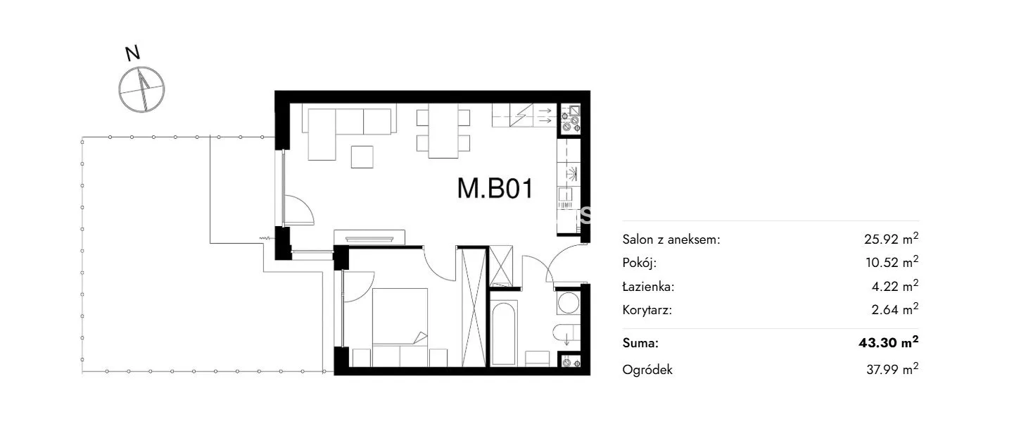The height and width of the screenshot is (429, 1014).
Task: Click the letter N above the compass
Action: pyautogui.click(x=132, y=54)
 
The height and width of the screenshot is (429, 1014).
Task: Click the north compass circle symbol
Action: pyautogui.click(x=141, y=89)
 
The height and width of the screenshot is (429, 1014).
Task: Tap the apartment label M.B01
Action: pyautogui.click(x=495, y=189)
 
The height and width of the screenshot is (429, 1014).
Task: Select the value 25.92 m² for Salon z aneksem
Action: pyautogui.click(x=891, y=239)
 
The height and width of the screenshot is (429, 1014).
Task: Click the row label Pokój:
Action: pyautogui.click(x=639, y=263)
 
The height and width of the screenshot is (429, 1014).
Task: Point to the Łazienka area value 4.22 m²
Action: pyautogui.click(x=895, y=286)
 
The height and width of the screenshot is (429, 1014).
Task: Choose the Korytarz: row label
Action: pyautogui.click(x=647, y=311)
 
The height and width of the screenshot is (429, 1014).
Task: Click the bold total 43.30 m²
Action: pyautogui.click(x=888, y=342)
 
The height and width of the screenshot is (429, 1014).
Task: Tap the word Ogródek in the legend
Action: pyautogui.click(x=647, y=370)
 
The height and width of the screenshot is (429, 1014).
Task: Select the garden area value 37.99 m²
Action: pyautogui.click(x=892, y=369)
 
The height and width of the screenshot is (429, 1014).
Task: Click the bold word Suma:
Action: pyautogui.click(x=640, y=343)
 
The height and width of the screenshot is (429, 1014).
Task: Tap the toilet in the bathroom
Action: pyautogui.click(x=566, y=333)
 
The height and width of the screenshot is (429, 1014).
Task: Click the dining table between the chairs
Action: pyautogui.click(x=443, y=131)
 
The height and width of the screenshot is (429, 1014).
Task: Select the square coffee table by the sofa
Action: pyautogui.click(x=362, y=157)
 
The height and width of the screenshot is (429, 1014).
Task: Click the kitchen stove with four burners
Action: pyautogui.click(x=571, y=118)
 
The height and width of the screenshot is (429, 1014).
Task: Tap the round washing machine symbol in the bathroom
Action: pyautogui.click(x=568, y=303)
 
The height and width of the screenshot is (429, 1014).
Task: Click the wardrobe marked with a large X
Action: pyautogui.click(x=474, y=307)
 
